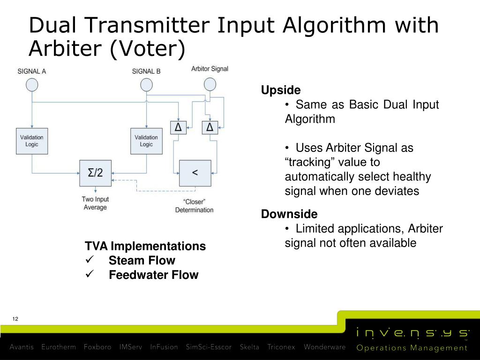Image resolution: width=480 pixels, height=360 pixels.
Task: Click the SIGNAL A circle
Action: tap(32, 85)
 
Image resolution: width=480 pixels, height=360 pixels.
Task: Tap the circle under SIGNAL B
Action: tap(146, 85)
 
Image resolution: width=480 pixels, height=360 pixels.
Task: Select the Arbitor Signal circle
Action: tap(210, 84)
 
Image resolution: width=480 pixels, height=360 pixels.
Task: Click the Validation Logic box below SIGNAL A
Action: tap(32, 141)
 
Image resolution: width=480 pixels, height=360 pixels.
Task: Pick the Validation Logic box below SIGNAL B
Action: tap(146, 141)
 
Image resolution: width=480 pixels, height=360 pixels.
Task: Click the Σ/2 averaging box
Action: tap(96, 173)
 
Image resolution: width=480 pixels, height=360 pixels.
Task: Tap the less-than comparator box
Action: tap(195, 173)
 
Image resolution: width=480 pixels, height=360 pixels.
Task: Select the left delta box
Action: tap(178, 127)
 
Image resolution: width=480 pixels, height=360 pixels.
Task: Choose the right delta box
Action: tap(210, 127)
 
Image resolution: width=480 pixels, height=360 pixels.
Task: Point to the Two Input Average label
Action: tap(95, 203)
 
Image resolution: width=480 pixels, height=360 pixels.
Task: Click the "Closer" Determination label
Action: tap(194, 206)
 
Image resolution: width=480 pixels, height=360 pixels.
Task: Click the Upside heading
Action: tap(281, 90)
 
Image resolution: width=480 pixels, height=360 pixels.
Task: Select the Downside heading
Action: tap(289, 214)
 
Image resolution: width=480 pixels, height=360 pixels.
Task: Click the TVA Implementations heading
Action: tap(145, 246)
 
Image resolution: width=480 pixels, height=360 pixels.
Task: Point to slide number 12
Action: tap(15, 319)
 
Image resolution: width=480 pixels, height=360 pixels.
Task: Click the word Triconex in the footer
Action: tap(281, 347)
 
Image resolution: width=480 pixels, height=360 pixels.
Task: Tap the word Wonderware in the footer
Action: tap(324, 347)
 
